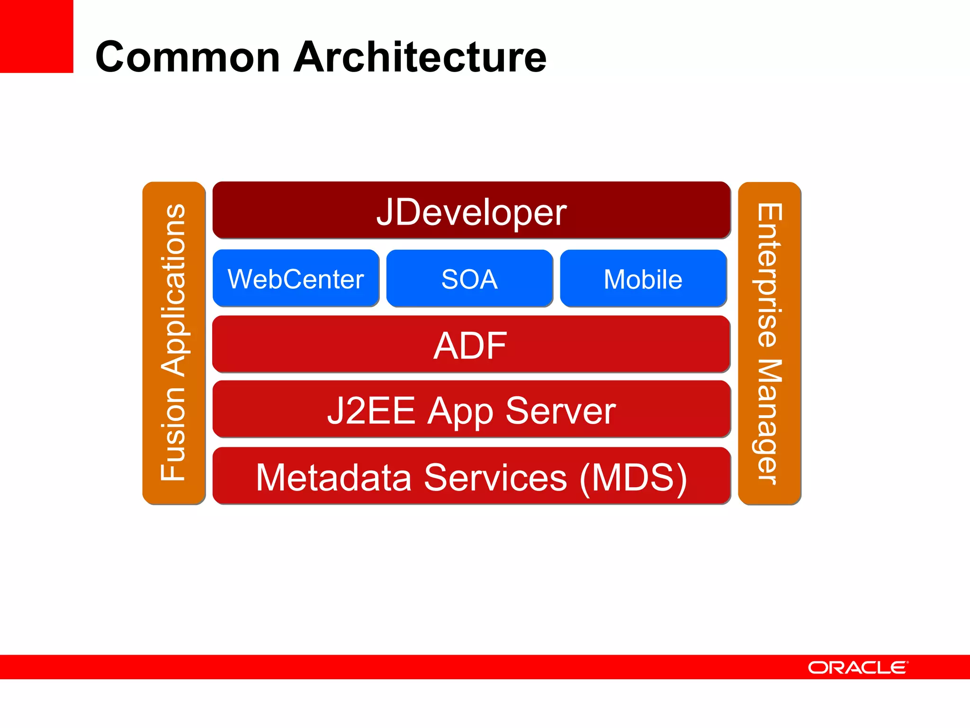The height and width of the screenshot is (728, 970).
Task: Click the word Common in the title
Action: coord(188,57)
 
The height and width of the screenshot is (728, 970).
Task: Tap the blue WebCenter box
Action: coord(296,279)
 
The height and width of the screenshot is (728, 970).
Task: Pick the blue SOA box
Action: coord(469,279)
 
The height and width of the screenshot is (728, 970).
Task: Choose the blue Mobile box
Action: coord(643,279)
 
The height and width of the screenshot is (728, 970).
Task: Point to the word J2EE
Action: coord(371,410)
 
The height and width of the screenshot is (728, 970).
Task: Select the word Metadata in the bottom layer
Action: coord(333,478)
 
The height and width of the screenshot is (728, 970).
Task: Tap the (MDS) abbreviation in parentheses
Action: coord(633,478)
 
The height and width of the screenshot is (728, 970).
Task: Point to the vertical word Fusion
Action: coord(173,433)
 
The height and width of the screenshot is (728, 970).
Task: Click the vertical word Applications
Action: coord(173,290)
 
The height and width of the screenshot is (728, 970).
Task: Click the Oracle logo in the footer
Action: coord(858,667)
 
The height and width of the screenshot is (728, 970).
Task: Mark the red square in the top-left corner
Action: coord(36,36)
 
